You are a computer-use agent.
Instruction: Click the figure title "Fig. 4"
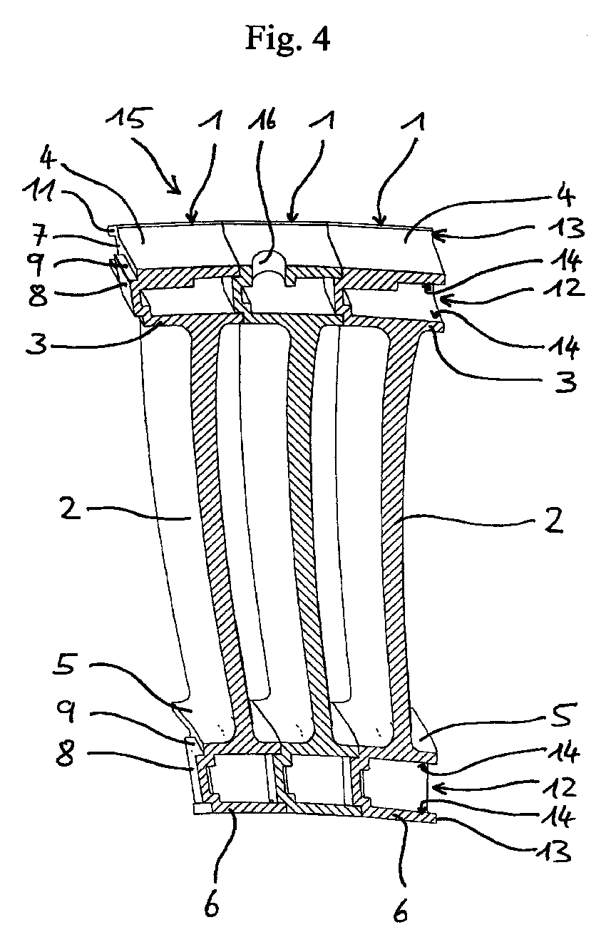[288, 39]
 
